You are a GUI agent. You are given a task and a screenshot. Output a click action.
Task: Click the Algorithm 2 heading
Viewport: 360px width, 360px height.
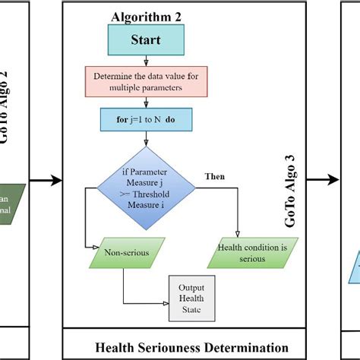click(x=147, y=16)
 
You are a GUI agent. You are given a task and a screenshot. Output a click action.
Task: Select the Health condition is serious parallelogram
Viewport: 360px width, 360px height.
click(x=241, y=252)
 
